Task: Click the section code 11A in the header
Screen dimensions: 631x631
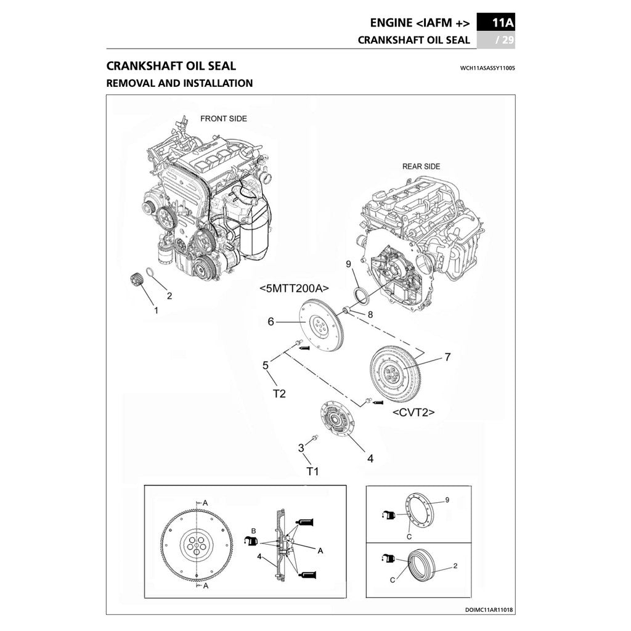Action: pos(503,23)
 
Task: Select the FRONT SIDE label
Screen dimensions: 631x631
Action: pos(224,118)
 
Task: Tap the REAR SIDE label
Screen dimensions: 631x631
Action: pos(421,166)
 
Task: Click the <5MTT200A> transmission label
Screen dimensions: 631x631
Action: pos(294,288)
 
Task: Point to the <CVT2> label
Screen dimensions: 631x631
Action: pos(413,412)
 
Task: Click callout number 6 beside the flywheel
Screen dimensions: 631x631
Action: pos(271,321)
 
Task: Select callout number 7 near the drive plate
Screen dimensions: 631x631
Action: pos(447,357)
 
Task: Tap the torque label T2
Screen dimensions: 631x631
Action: pos(279,393)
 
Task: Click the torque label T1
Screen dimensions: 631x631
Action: pos(313,472)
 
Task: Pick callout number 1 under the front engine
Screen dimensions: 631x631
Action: pos(156,311)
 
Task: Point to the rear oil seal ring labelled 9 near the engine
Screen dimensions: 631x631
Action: pos(360,296)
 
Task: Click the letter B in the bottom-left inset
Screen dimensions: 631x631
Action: pos(253,531)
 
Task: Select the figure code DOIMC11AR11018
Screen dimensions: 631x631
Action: pos(490,609)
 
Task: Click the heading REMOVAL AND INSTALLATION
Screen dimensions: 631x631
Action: pos(179,83)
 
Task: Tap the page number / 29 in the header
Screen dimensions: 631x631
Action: pos(505,41)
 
